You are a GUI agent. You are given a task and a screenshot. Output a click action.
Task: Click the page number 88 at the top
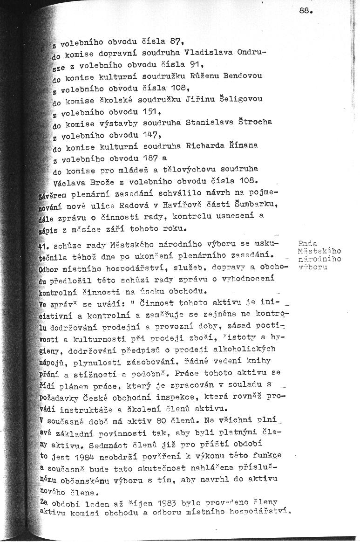[306, 12]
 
